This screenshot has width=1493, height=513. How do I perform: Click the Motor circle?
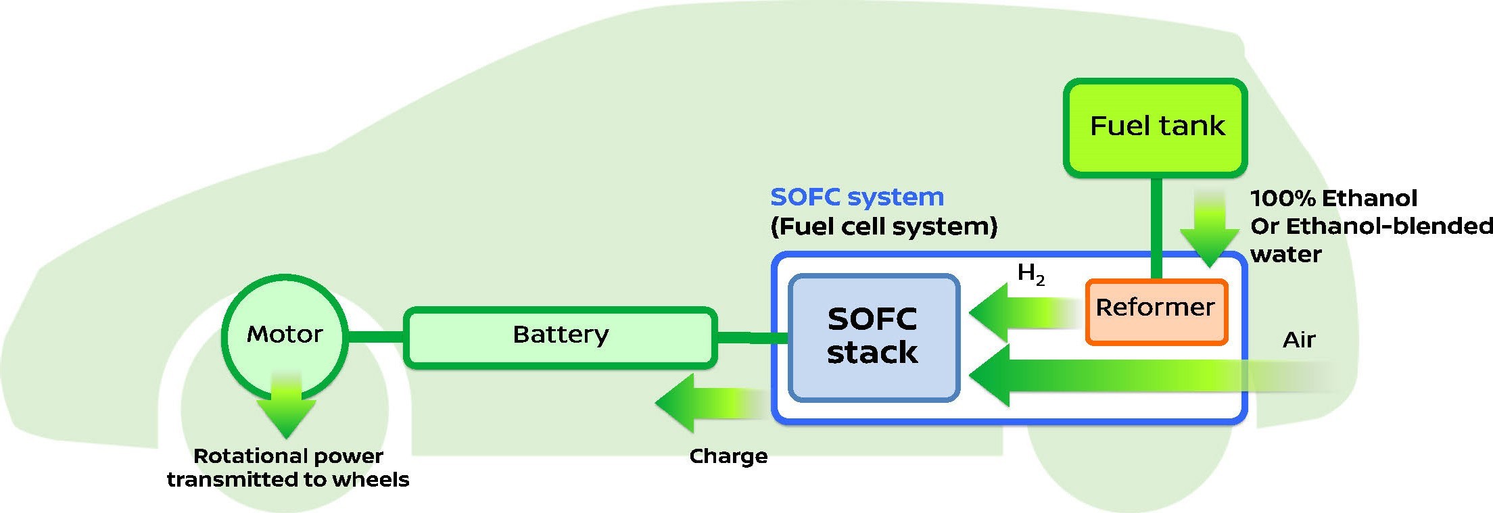[x=285, y=335]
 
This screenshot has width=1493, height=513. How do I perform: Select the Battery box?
[x=560, y=337]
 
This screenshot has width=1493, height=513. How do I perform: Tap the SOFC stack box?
[x=873, y=337]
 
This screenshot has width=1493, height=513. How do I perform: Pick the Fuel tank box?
[x=1156, y=127]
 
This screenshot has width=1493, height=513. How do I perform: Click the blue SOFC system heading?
[x=857, y=197]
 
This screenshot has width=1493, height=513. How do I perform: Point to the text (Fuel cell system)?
[x=884, y=226]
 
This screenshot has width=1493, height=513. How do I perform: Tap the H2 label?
[x=1030, y=274]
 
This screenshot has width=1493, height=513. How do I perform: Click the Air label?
[x=1298, y=339]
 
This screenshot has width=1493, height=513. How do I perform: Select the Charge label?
[x=728, y=456]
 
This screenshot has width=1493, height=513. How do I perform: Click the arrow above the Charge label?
[x=710, y=404]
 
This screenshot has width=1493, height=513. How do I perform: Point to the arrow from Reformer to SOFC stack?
[x=1021, y=313]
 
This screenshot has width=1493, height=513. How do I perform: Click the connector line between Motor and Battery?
[x=376, y=336]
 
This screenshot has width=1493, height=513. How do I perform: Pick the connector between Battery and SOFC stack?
[x=751, y=337]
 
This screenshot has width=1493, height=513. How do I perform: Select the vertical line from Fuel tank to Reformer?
[x=1156, y=227]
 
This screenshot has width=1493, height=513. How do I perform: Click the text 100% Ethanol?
[x=1333, y=199]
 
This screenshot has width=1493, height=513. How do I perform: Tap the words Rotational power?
[x=288, y=456]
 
